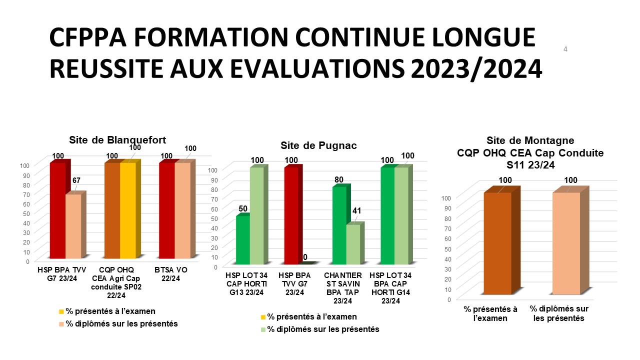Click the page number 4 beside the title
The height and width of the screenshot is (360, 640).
pos(565,49)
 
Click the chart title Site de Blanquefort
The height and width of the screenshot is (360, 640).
pos(117,139)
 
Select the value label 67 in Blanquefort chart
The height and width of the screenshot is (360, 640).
pos(76,180)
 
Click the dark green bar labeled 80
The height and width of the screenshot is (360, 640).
pos(339,225)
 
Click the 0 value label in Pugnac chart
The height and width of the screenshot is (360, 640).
pos(305,257)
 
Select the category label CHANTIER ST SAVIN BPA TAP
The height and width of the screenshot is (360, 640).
pos(343,288)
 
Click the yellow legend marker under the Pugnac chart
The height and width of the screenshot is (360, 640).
pos(263,317)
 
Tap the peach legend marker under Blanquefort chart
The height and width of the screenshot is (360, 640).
pos(61,324)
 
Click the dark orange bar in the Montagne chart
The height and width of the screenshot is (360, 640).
pos(497,243)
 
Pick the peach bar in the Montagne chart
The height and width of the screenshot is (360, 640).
pos(566,243)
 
